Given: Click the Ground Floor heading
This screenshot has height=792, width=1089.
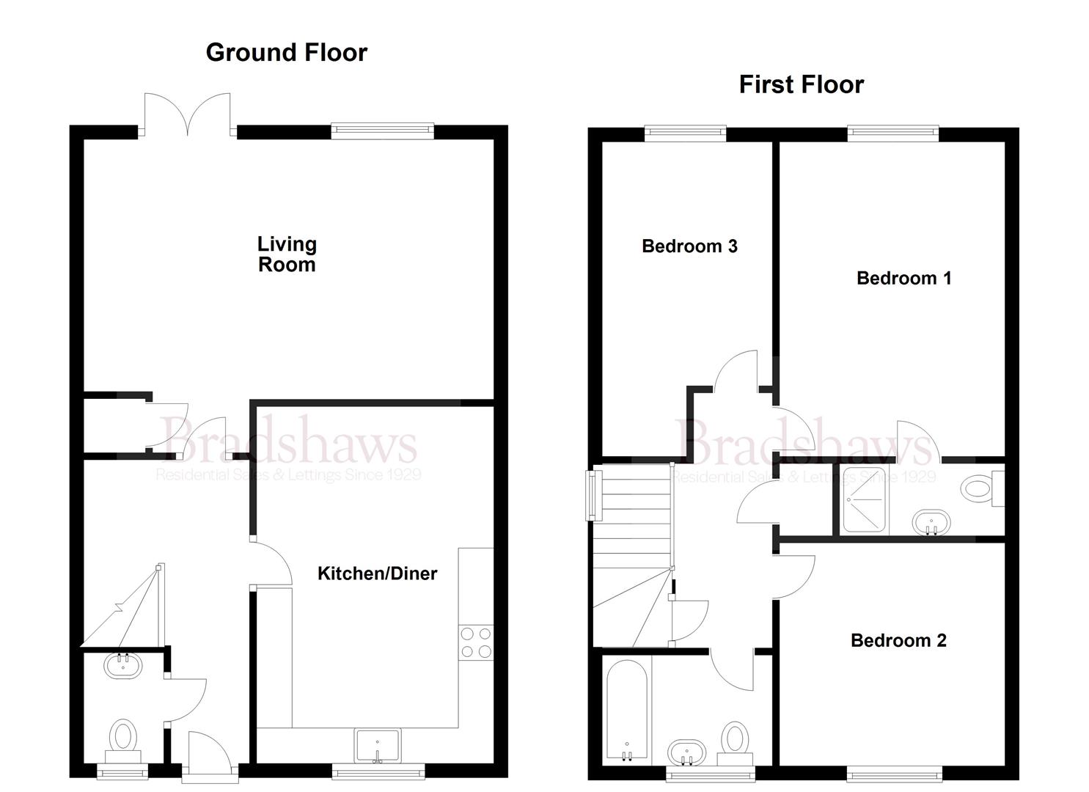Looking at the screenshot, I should [x=286, y=53].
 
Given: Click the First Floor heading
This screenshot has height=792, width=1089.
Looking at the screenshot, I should [x=801, y=85].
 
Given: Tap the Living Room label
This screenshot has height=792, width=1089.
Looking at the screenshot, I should [x=287, y=254].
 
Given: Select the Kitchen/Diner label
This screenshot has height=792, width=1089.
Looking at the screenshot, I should [x=377, y=573].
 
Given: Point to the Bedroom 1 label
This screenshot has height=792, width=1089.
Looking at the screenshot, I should [x=903, y=278].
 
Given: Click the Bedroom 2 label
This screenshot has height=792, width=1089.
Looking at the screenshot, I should [x=898, y=640].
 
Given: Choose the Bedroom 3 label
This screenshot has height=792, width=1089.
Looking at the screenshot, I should [x=689, y=246].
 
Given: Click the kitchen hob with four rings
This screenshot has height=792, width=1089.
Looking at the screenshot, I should [x=475, y=642].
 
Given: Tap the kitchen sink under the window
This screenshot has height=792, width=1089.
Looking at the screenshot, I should [x=378, y=746].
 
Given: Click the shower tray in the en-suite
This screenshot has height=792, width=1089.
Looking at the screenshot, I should [x=863, y=499].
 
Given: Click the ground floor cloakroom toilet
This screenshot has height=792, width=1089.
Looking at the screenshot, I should [x=123, y=737].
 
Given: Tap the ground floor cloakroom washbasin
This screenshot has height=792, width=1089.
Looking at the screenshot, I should [x=122, y=666].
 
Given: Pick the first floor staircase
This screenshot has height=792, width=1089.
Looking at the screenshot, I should [x=632, y=557].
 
